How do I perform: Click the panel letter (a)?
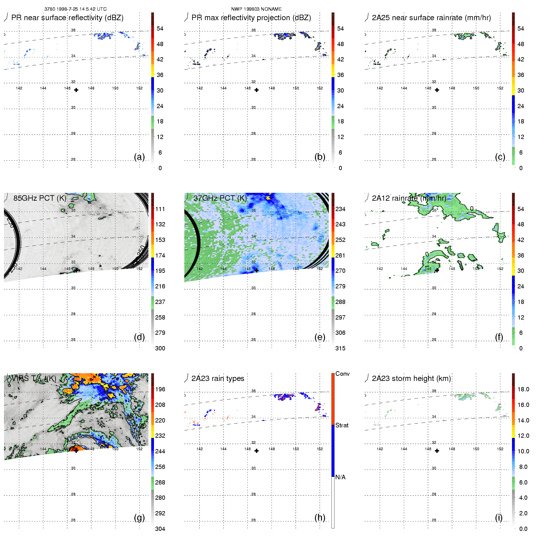pyautogui.click(x=139, y=157)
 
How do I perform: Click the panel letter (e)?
pyautogui.click(x=320, y=337)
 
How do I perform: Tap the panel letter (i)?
pyautogui.click(x=499, y=517)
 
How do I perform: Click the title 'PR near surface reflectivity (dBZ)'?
pyautogui.click(x=67, y=18)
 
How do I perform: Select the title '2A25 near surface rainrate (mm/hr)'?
pyautogui.click(x=431, y=18)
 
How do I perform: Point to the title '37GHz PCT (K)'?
pyautogui.click(x=220, y=198)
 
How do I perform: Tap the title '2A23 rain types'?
pyautogui.click(x=218, y=378)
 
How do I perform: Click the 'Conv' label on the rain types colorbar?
pyautogui.click(x=342, y=374)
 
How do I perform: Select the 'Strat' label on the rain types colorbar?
pyautogui.click(x=342, y=425)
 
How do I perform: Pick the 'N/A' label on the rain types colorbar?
pyautogui.click(x=340, y=477)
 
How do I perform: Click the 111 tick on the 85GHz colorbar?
pyautogui.click(x=160, y=209)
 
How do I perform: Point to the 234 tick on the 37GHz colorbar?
pyautogui.click(x=340, y=209)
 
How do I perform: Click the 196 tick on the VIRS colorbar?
pyautogui.click(x=160, y=389)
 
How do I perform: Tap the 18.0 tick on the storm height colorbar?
pyautogui.click(x=523, y=389)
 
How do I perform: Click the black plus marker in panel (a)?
pyautogui.click(x=76, y=90)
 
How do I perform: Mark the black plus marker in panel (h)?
pyautogui.click(x=257, y=451)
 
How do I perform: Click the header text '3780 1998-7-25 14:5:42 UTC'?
pyautogui.click(x=75, y=9)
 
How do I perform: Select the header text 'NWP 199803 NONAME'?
pyautogui.click(x=256, y=9)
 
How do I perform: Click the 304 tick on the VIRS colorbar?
pyautogui.click(x=160, y=529)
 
